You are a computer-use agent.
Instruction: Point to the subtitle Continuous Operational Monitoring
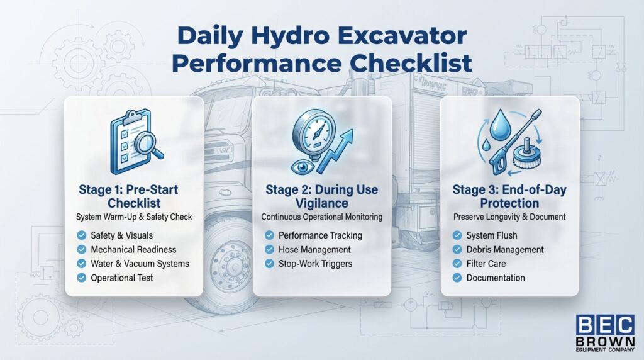(x=321, y=217)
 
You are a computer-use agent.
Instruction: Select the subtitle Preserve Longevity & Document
(x=509, y=217)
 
